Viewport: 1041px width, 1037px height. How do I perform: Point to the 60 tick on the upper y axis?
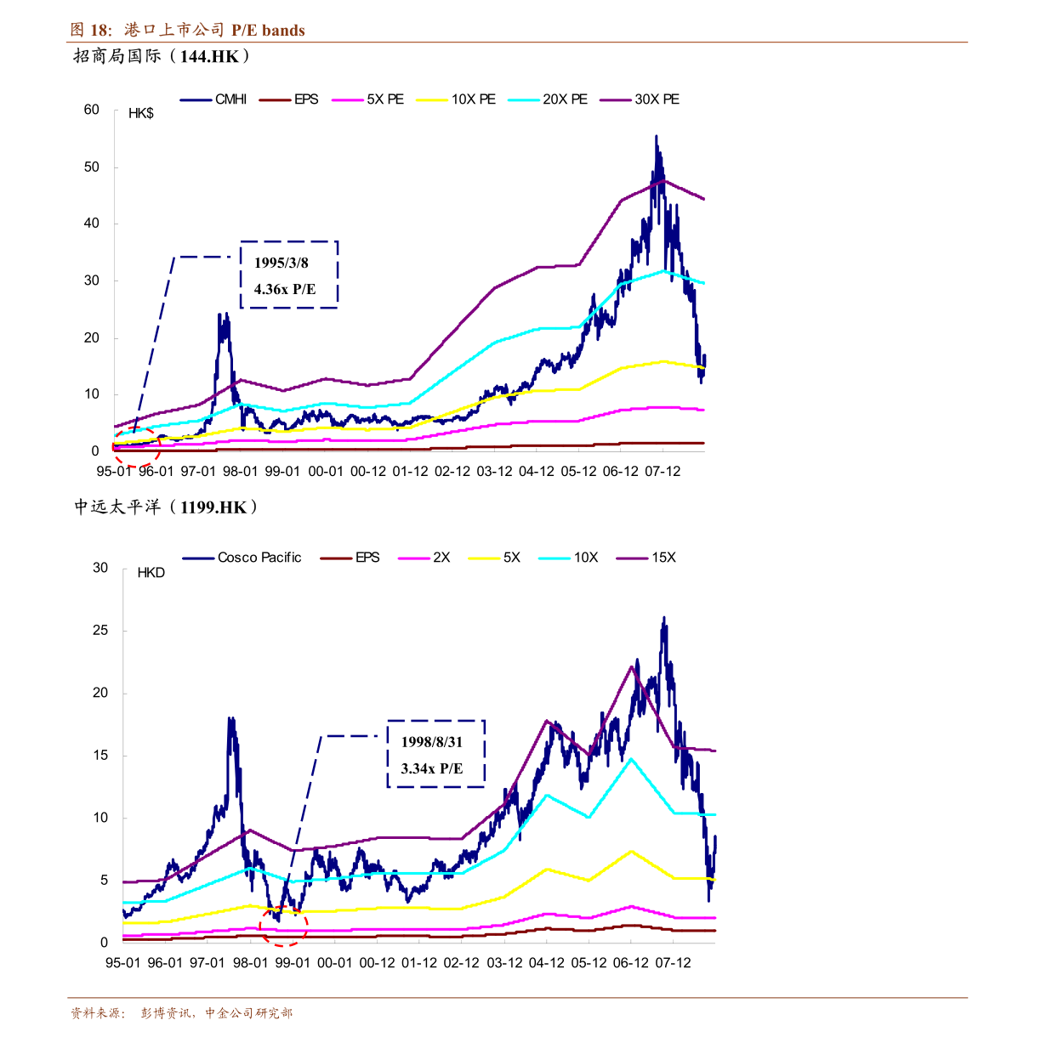[x=92, y=110]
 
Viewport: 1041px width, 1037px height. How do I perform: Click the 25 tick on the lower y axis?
[x=100, y=631]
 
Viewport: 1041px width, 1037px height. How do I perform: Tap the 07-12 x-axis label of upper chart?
[x=663, y=472]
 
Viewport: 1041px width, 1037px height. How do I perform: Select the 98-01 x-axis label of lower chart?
[x=250, y=963]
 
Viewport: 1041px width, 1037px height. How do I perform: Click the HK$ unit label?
[x=141, y=114]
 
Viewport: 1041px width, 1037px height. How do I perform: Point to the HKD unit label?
[x=151, y=573]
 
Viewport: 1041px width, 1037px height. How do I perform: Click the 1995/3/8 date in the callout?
[x=282, y=263]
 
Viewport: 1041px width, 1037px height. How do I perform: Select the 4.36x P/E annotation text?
[x=284, y=289]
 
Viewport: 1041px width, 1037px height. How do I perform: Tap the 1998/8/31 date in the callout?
[x=432, y=742]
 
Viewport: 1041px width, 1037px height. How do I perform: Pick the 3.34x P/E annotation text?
[x=432, y=768]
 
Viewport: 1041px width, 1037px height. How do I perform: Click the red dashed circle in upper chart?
[x=136, y=447]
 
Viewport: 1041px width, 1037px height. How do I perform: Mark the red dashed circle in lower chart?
[x=283, y=926]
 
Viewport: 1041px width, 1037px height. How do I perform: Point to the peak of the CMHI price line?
[x=656, y=136]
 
